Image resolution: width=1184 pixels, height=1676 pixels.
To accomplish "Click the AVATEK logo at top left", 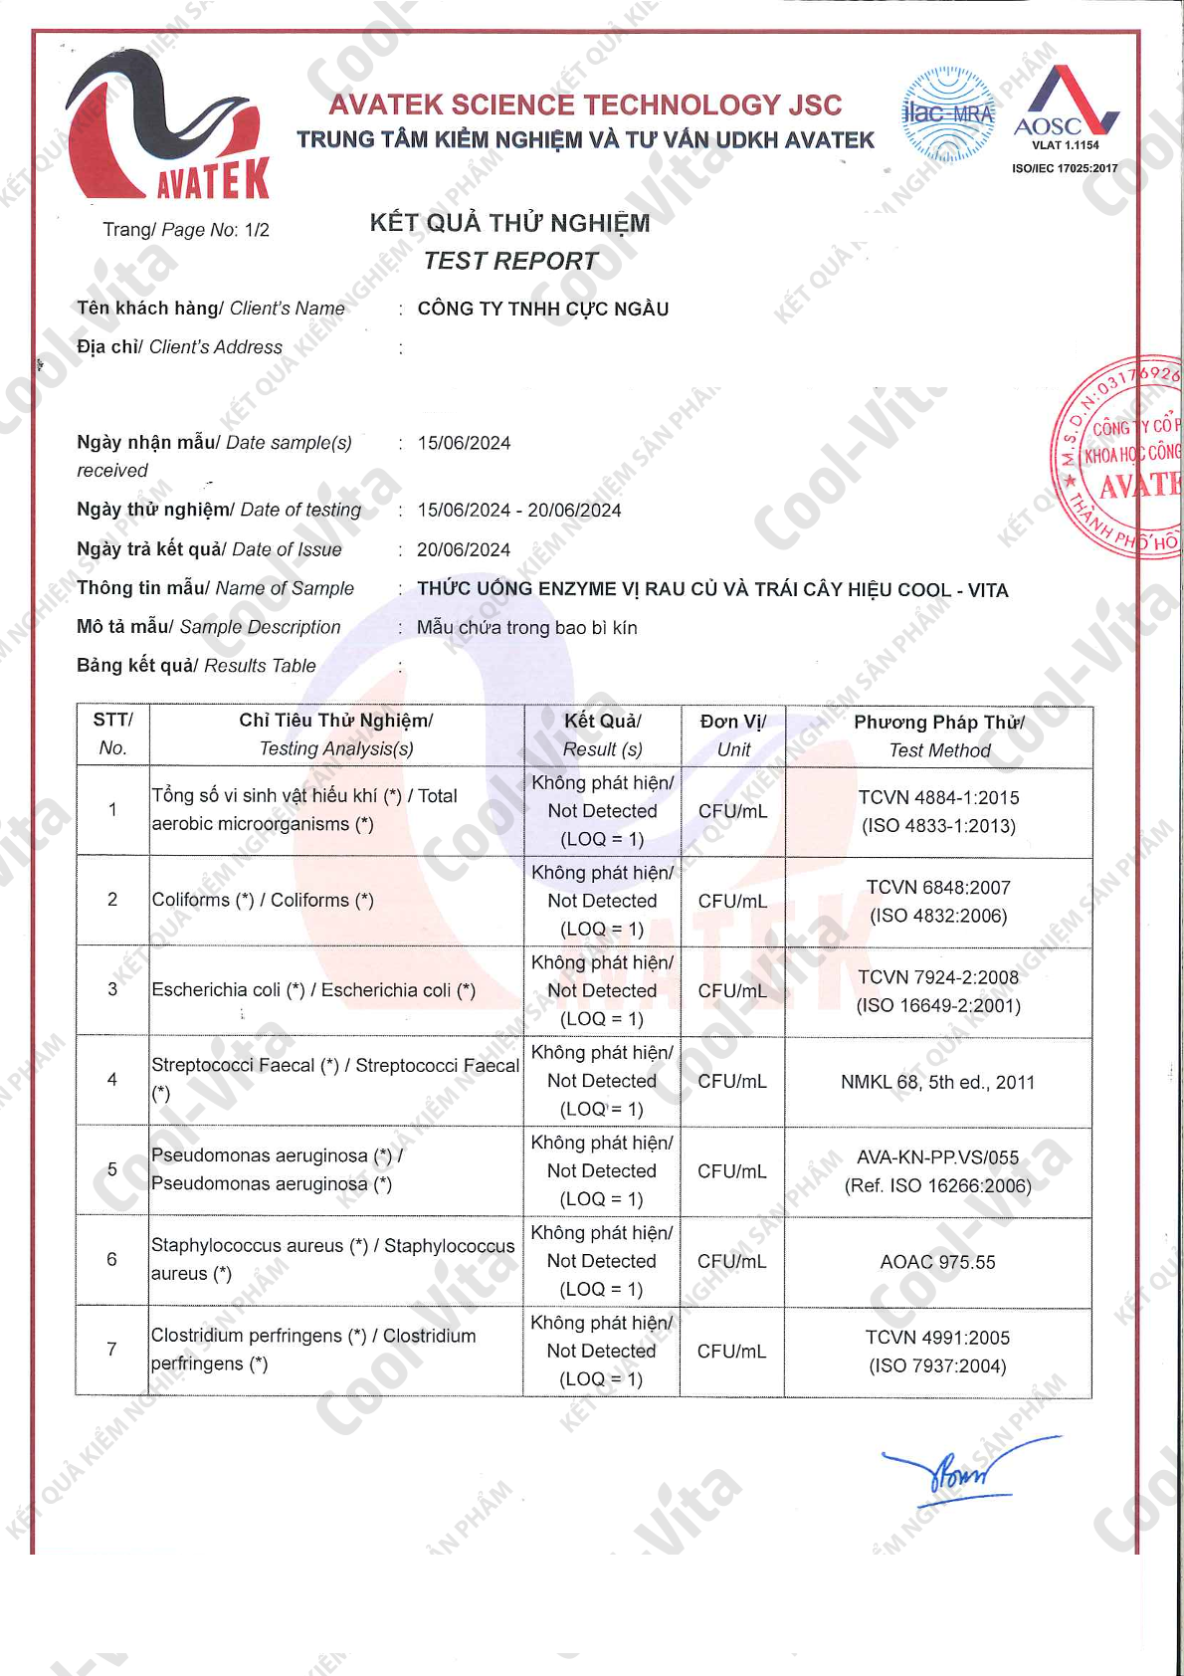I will pyautogui.click(x=167, y=124).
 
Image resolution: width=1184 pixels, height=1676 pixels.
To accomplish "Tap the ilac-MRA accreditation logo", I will pyautogui.click(x=947, y=114).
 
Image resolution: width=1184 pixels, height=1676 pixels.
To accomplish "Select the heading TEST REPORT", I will pyautogui.click(x=509, y=261).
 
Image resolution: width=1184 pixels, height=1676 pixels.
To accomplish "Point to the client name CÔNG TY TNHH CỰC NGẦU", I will pyautogui.click(x=542, y=309).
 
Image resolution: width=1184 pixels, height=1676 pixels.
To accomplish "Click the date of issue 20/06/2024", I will pyautogui.click(x=464, y=549).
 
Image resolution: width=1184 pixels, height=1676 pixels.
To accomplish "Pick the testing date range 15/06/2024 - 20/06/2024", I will pyautogui.click(x=518, y=511).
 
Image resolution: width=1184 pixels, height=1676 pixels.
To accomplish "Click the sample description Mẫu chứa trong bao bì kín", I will pyautogui.click(x=526, y=628).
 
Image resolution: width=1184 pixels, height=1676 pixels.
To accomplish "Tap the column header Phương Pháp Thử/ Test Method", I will pyautogui.click(x=938, y=735).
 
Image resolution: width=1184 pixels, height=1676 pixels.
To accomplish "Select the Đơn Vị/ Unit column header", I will pyautogui.click(x=732, y=735).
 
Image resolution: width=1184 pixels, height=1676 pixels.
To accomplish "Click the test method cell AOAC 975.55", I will pyautogui.click(x=937, y=1262).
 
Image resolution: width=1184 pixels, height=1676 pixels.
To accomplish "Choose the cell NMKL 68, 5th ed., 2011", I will pyautogui.click(x=937, y=1082).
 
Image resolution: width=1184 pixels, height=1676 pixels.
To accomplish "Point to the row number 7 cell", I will pyautogui.click(x=112, y=1350).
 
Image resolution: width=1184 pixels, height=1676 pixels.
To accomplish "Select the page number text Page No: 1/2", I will pyautogui.click(x=186, y=230).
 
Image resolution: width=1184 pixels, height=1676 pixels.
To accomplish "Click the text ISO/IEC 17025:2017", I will pyautogui.click(x=1065, y=168).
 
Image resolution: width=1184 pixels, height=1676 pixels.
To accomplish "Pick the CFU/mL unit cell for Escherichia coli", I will pyautogui.click(x=732, y=991).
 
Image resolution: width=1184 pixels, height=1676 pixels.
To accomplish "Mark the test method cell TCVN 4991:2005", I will pyautogui.click(x=937, y=1352).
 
